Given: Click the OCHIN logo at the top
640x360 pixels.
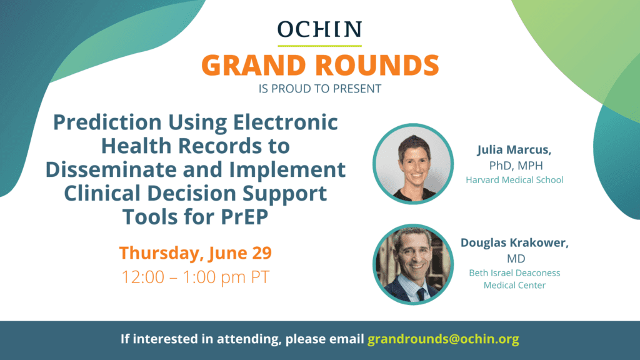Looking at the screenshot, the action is coord(319,29).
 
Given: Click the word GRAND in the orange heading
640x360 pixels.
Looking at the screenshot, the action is coord(254,65).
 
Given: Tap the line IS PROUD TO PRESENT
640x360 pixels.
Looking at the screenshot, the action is coord(319,89).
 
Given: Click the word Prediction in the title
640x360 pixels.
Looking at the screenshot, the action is coord(107,122).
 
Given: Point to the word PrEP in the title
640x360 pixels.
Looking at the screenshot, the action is coord(244,216).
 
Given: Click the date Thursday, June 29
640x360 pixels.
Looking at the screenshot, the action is coord(196,252).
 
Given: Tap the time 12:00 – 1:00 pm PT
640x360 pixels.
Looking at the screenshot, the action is coord(196,277).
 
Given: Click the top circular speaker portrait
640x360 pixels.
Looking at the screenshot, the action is coord(413,164).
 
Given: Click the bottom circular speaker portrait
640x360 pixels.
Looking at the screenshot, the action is coord(413,264).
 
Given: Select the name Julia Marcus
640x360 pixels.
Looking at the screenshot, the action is coord(514,150).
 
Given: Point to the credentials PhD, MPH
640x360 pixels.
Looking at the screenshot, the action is coord(516,165).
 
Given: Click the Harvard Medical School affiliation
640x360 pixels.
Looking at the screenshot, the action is coord(514,179).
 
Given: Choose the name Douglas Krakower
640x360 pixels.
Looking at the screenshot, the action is coord(514,242).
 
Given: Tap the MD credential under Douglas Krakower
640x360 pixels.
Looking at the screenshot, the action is coord(516,258).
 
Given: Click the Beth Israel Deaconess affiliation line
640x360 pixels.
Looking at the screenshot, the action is coord(514,272).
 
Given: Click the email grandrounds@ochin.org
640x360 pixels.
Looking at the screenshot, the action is coord(443,339).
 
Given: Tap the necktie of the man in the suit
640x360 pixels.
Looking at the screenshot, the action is coord(421,293).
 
